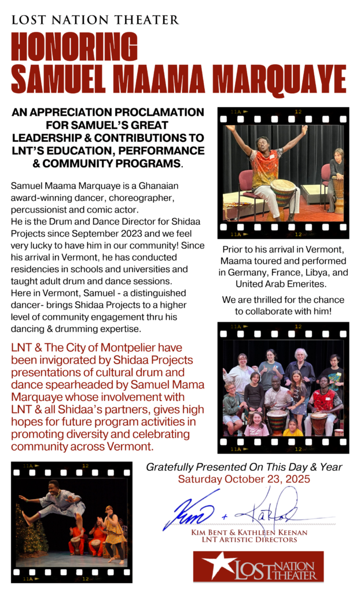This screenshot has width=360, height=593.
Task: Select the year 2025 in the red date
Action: coord(294,479)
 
